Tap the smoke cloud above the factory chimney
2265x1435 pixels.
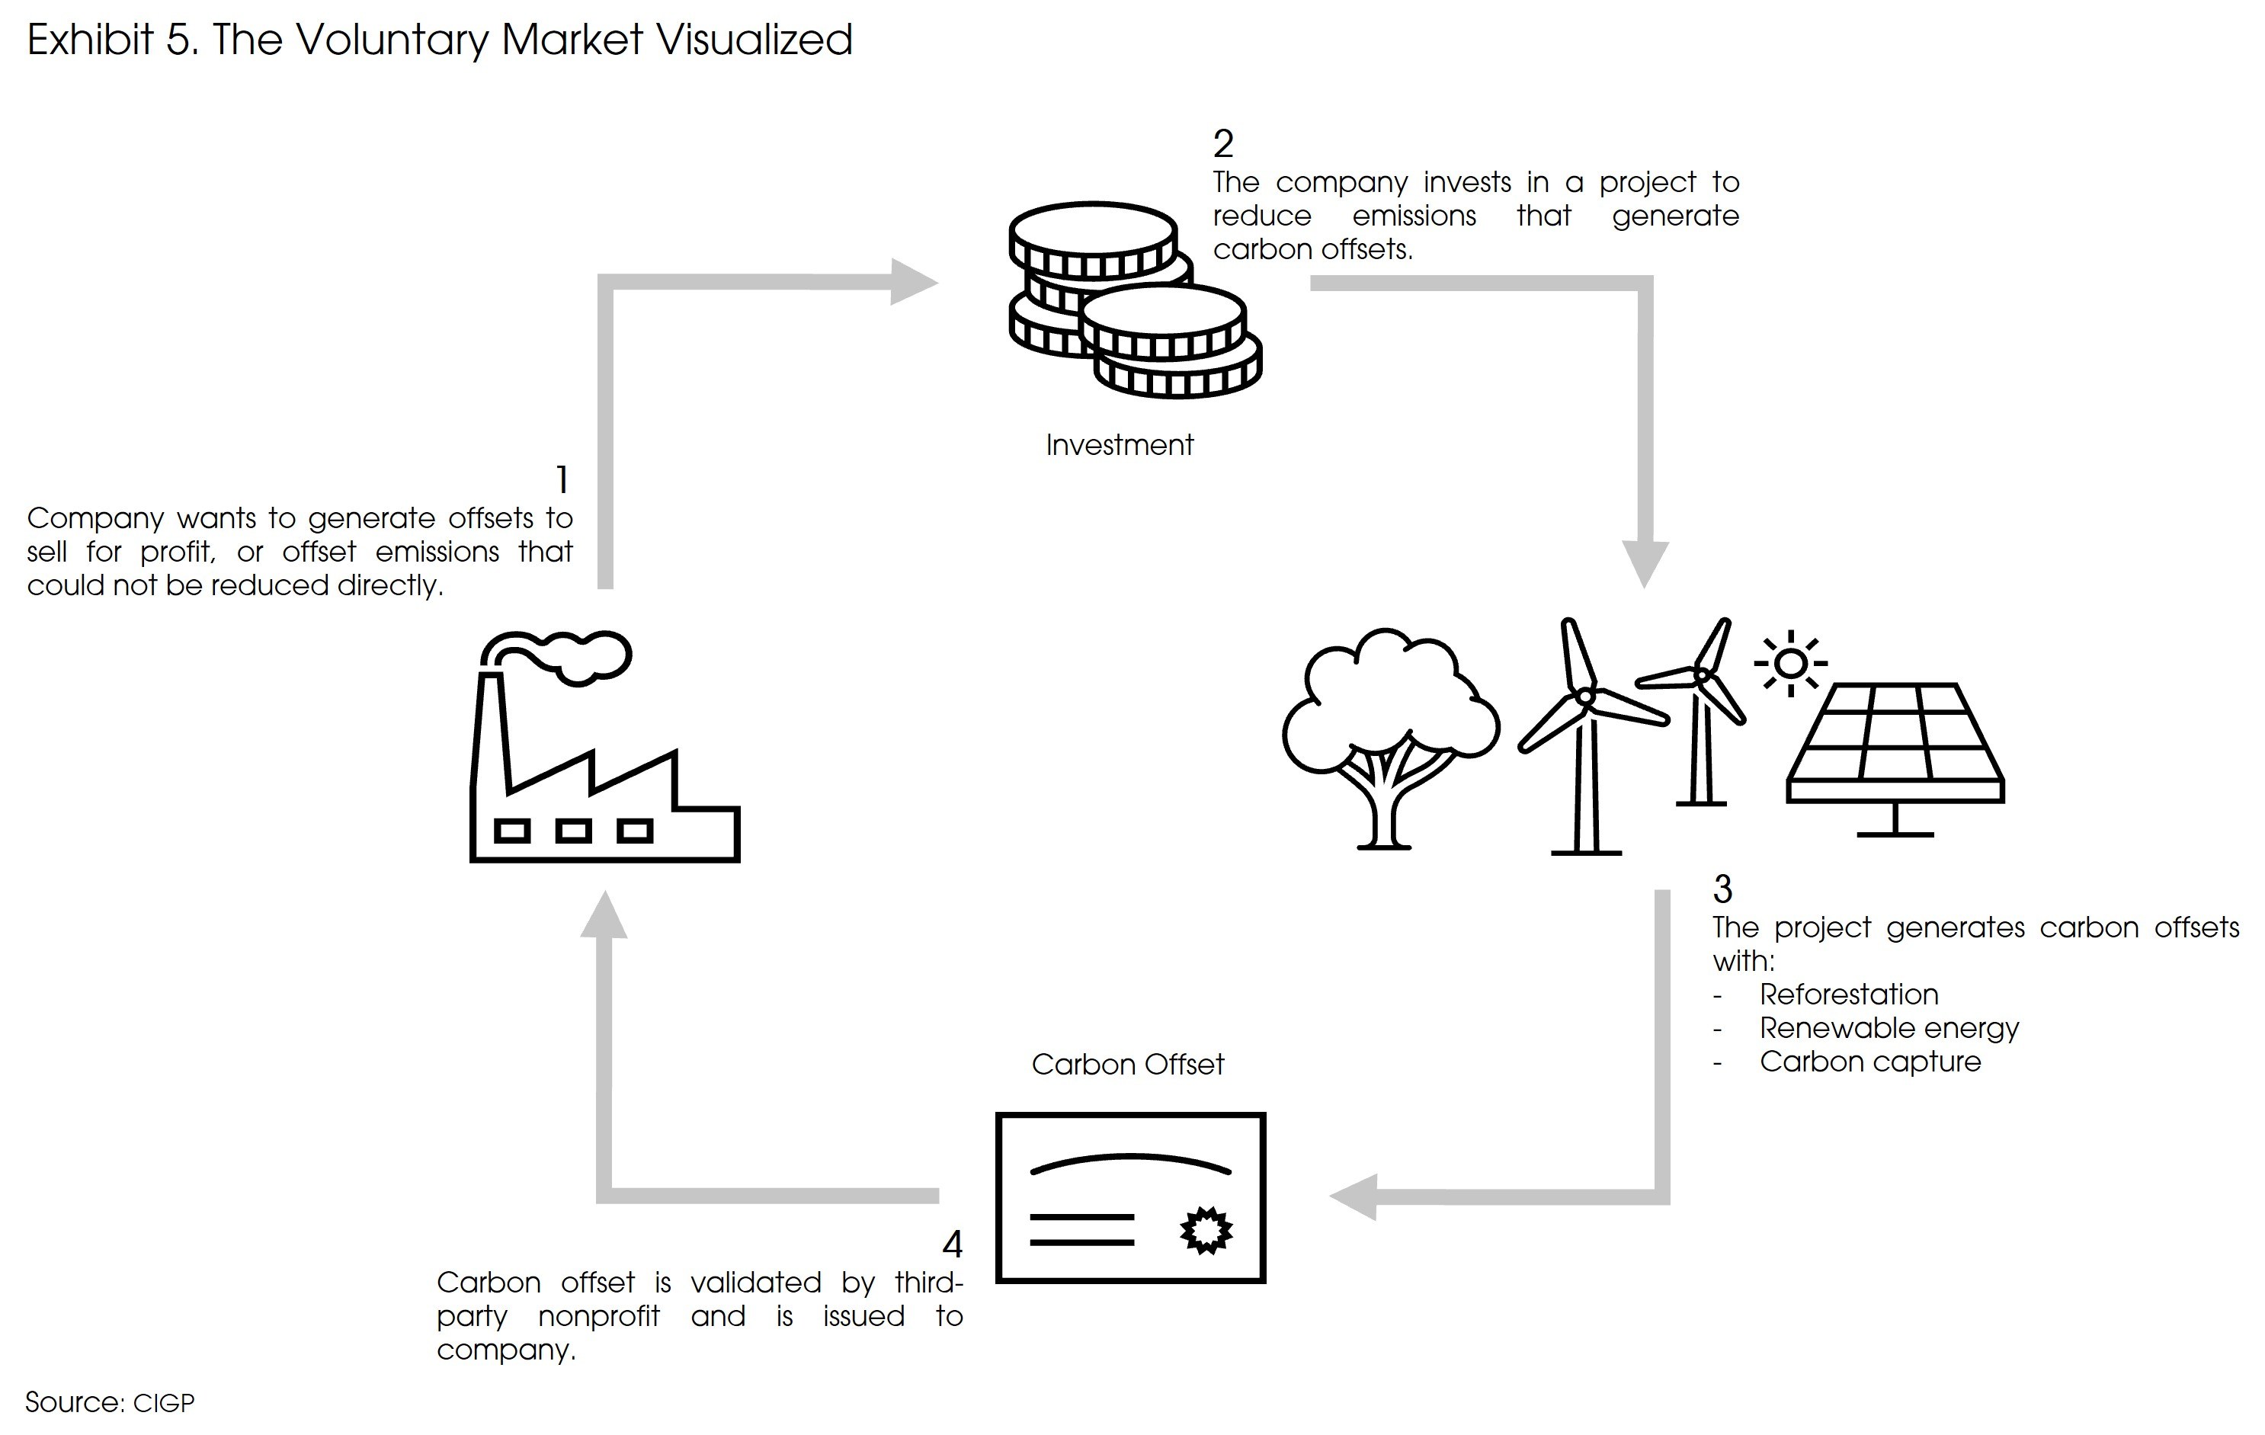[x=574, y=654]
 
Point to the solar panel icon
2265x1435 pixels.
[x=1895, y=752]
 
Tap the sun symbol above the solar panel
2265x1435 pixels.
[x=1790, y=664]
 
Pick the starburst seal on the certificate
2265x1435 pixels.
[x=1206, y=1230]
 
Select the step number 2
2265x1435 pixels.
[x=1222, y=144]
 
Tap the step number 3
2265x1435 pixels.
[x=1722, y=889]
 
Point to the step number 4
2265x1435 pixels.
[x=952, y=1244]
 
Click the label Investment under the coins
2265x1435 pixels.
[x=1120, y=445]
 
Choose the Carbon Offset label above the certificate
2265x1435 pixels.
[x=1128, y=1065]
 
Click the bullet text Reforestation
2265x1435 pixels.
[x=1848, y=994]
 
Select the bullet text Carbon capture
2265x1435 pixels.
[x=1870, y=1062]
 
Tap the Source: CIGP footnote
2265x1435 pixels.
[x=110, y=1402]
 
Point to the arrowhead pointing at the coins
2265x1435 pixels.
[x=912, y=281]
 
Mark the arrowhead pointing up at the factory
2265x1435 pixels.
[x=604, y=915]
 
